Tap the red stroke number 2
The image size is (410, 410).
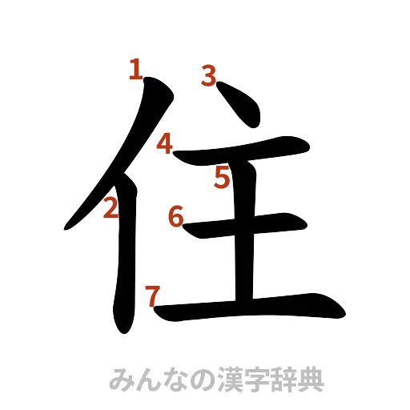pos(111,209)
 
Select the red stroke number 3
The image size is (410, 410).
pos(208,77)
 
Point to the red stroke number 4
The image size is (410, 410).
pos(164,145)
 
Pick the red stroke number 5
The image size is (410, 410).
pos(222,178)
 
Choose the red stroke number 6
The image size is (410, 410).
pos(176,216)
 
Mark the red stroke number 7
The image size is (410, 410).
pos(151,295)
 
